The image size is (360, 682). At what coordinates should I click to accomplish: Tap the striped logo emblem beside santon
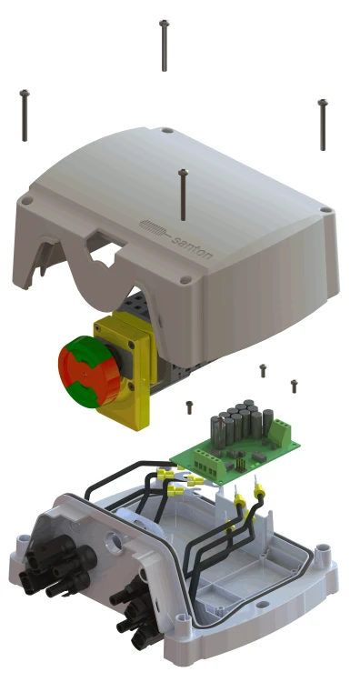click(154, 229)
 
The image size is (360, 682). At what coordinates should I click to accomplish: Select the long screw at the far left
click(25, 115)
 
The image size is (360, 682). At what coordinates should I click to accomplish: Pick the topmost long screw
click(164, 45)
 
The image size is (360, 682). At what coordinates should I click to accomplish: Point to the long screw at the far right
click(323, 125)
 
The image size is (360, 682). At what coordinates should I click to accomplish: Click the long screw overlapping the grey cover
click(183, 195)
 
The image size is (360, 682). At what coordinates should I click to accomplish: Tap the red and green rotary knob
click(89, 371)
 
